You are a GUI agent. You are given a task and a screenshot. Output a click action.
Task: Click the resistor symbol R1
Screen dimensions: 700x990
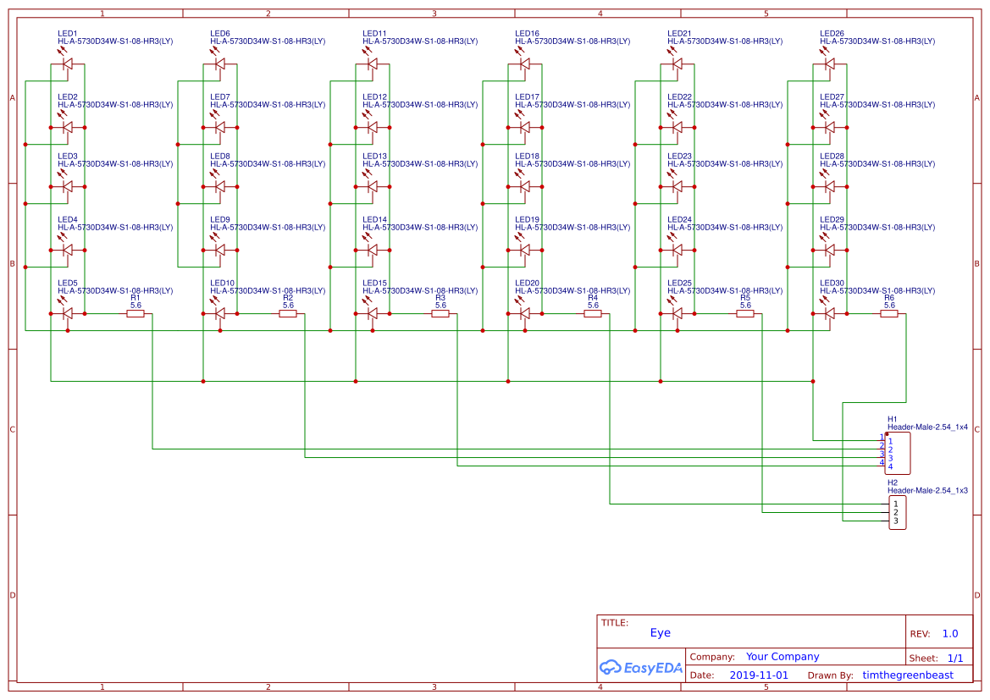(136, 314)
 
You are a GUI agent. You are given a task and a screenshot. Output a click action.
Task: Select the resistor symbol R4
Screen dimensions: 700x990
(593, 314)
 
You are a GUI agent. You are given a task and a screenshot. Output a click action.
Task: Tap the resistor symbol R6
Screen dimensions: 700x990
(889, 314)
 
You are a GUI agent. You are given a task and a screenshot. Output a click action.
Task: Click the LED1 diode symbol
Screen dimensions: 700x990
(68, 63)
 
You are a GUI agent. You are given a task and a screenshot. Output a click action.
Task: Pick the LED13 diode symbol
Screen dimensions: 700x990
(373, 186)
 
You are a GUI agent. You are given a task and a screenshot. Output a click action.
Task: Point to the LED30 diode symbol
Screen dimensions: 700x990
(830, 313)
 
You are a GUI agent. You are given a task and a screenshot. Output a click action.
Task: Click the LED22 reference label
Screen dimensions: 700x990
(679, 96)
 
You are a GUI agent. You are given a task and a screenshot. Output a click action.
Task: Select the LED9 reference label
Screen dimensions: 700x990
(219, 219)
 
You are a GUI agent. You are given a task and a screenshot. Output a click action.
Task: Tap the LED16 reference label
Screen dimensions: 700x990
(527, 33)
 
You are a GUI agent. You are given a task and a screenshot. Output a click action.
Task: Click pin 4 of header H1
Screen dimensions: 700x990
(889, 466)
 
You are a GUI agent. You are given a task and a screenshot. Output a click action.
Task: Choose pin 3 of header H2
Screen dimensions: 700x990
(895, 521)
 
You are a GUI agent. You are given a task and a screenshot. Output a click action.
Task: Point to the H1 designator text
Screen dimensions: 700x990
(892, 419)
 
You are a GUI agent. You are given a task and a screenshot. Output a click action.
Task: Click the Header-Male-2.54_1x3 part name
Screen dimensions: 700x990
(927, 490)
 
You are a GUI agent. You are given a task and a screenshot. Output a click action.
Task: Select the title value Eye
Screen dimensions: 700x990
(660, 632)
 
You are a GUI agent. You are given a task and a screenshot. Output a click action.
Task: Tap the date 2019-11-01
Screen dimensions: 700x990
(758, 675)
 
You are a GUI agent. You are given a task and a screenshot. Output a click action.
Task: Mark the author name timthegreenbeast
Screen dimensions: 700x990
(907, 675)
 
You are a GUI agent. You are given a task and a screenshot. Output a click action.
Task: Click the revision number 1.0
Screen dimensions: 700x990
(950, 633)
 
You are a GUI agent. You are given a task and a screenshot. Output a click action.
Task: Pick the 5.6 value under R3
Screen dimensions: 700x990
(440, 305)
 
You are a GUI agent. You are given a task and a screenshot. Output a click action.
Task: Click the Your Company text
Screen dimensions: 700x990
(782, 656)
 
